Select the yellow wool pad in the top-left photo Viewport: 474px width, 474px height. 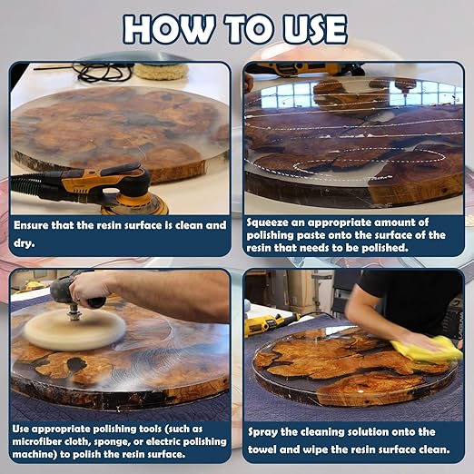(161, 71)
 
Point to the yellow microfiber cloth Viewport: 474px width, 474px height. (428, 349)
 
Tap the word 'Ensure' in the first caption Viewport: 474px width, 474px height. (35, 223)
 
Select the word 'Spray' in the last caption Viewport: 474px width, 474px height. (265, 431)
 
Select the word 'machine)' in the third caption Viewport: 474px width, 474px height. (42, 453)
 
